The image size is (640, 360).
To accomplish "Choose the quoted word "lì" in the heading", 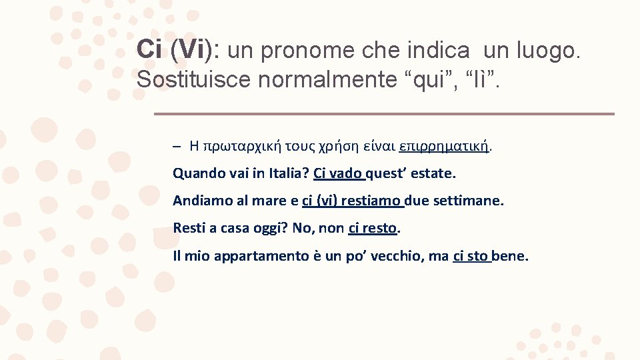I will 482,79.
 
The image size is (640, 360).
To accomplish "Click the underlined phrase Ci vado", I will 338,173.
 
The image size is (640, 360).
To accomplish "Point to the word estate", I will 433,173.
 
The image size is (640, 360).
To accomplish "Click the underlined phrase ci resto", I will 373,229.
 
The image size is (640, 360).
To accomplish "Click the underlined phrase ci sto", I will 471,256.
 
